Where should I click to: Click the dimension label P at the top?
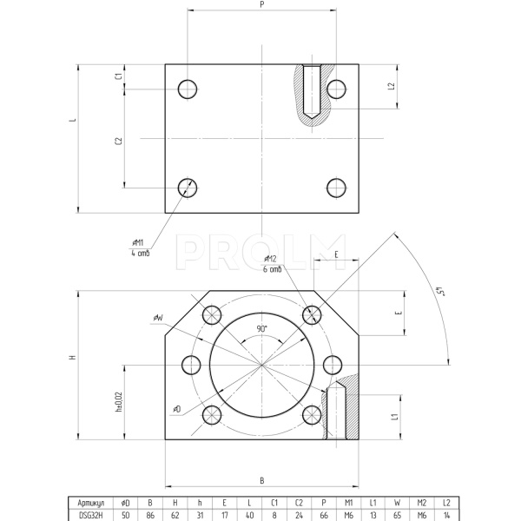pyautogui.click(x=261, y=4)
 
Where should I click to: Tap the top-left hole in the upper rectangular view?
pyautogui.click(x=188, y=89)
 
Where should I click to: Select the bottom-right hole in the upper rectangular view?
pyautogui.click(x=336, y=187)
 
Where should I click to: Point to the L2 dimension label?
pyautogui.click(x=393, y=87)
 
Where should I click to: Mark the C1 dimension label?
pyautogui.click(x=118, y=76)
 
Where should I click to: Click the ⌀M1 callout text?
pyautogui.click(x=138, y=243)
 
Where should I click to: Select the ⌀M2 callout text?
pyautogui.click(x=270, y=259)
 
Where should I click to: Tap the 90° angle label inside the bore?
pyautogui.click(x=261, y=329)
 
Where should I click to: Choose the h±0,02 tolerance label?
pyautogui.click(x=118, y=402)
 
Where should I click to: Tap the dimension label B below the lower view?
pyautogui.click(x=261, y=480)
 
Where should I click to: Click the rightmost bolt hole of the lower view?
pyautogui.click(x=333, y=366)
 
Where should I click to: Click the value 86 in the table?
pyautogui.click(x=150, y=514)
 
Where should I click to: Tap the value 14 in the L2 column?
pyautogui.click(x=445, y=514)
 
